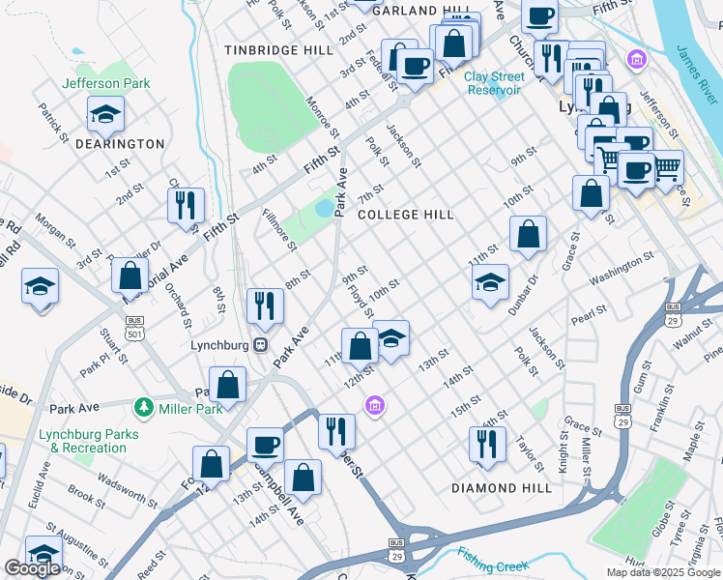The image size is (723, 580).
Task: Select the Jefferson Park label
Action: [x=106, y=83]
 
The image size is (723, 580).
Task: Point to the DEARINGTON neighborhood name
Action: [x=122, y=143]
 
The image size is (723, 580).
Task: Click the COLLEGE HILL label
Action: [x=405, y=215]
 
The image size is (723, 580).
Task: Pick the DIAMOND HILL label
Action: [x=502, y=488]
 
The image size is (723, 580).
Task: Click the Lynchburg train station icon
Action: [x=260, y=345]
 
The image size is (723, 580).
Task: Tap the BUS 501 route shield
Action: [x=133, y=326]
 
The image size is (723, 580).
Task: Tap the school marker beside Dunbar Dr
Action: [x=490, y=282]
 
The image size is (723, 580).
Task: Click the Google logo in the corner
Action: [x=32, y=568]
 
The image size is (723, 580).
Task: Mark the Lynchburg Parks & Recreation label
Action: [x=82, y=441]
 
